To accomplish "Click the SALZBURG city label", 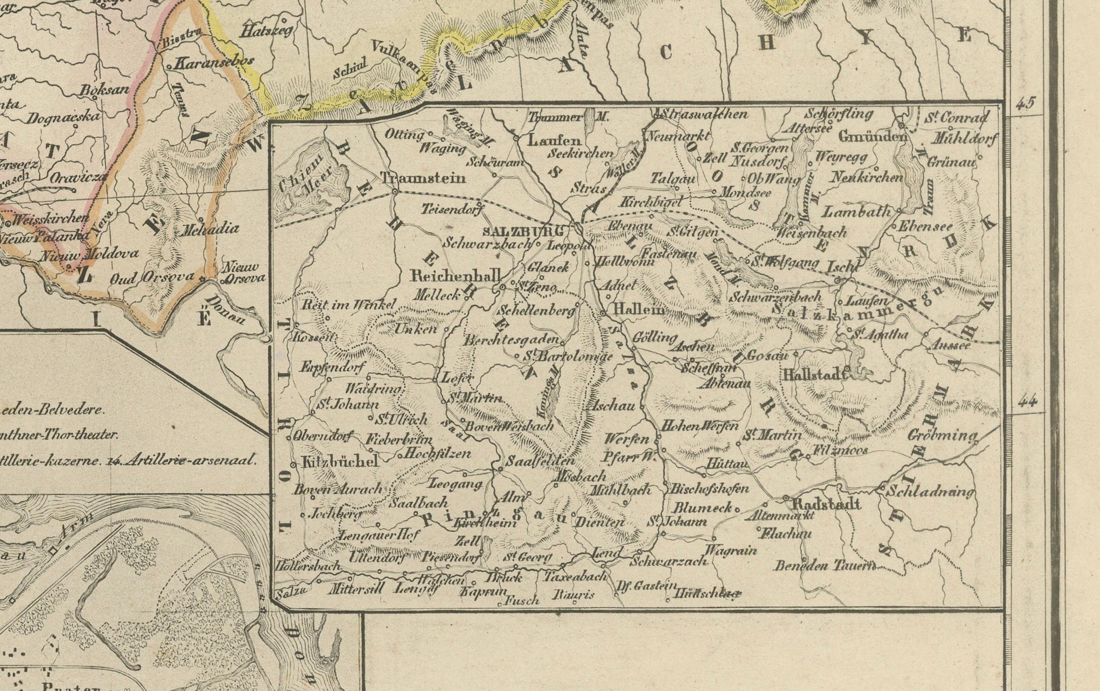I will [523, 231].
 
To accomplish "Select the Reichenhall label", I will [455, 276].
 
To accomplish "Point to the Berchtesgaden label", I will [512, 340].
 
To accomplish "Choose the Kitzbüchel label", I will [340, 461].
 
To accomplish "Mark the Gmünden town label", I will [872, 137].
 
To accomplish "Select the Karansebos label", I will [214, 64].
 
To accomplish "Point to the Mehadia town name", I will [210, 229].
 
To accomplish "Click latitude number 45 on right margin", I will [1025, 104].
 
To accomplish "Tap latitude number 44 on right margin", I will [1027, 402].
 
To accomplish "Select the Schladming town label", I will [930, 492].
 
